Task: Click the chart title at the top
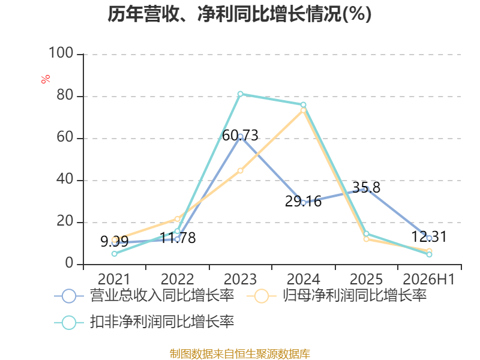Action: point(239,14)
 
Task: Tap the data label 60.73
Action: point(241,136)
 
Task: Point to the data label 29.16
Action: point(303,202)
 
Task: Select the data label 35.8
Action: point(366,187)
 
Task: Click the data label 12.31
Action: point(429,236)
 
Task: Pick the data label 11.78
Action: point(178,238)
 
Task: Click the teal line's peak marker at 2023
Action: point(241,94)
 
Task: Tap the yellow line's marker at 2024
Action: point(303,110)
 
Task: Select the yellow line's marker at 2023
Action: point(241,170)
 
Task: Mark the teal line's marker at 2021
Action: point(115,254)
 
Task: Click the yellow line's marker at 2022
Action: point(177,219)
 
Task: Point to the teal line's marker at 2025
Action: point(366,234)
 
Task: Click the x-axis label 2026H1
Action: point(428,279)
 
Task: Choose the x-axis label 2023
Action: point(241,279)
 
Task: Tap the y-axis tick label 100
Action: point(61,53)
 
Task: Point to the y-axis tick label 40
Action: point(65,179)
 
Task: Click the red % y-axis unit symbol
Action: point(46,79)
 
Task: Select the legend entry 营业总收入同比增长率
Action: point(144,296)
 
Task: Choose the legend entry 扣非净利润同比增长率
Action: point(144,322)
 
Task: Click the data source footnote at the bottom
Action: point(240,354)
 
